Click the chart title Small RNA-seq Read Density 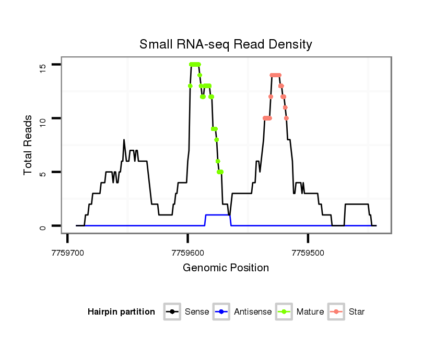click(226, 44)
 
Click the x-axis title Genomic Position click(226, 268)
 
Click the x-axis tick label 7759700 click(67, 253)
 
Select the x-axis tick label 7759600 click(187, 253)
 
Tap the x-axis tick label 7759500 click(308, 253)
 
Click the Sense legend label click(197, 312)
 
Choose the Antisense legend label click(252, 312)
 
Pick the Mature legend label click(310, 312)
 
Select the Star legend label click(357, 312)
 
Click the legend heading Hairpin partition click(121, 312)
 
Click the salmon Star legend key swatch click(336, 312)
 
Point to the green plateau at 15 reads click(195, 64)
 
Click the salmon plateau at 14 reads click(276, 75)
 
